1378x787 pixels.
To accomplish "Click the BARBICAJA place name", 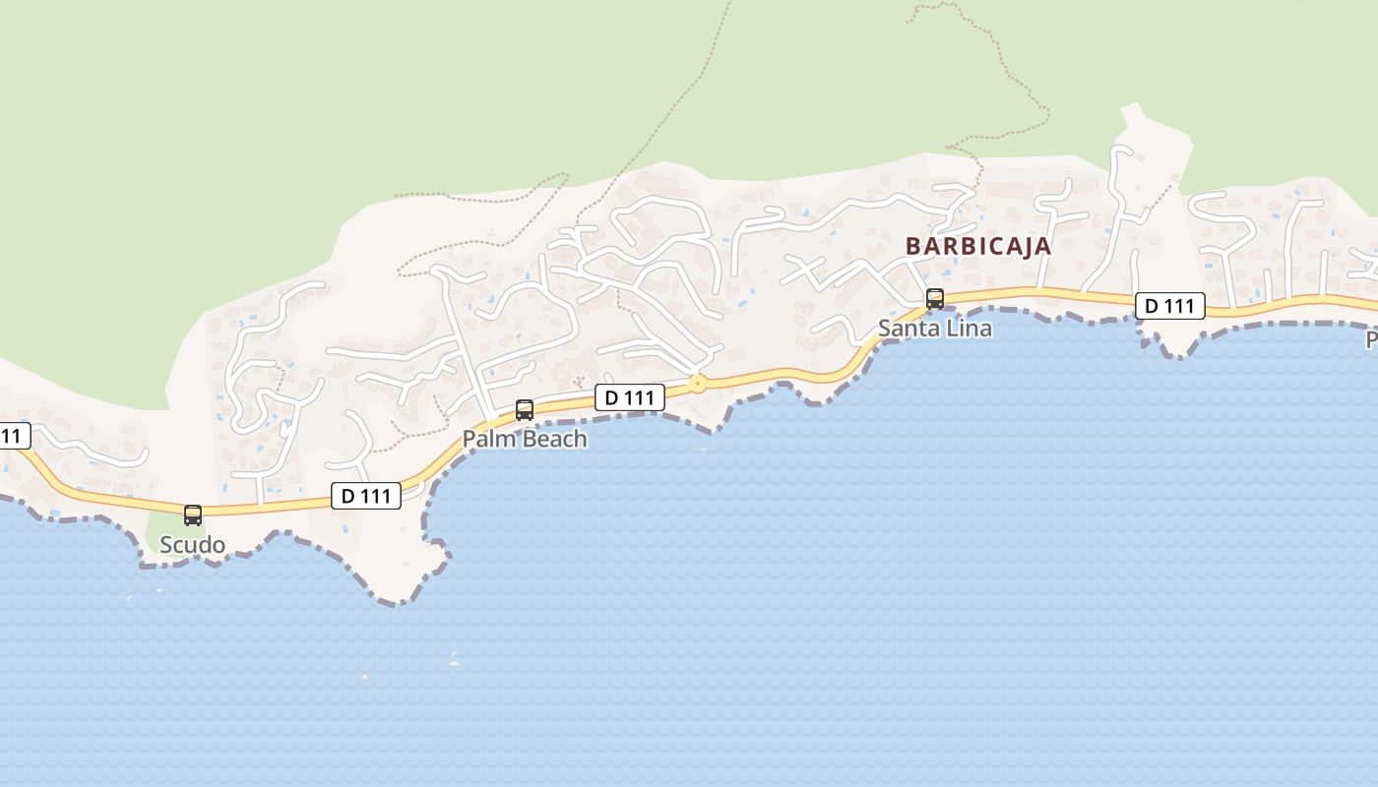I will tap(978, 246).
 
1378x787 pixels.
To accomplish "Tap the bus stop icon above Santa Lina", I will tap(935, 298).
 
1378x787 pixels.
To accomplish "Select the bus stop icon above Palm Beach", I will tap(525, 409).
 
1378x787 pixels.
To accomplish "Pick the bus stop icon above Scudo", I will tap(193, 515).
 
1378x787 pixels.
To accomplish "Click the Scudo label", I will tap(193, 545).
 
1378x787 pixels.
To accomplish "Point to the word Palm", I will tap(486, 439).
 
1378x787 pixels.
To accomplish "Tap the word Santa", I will tap(906, 329).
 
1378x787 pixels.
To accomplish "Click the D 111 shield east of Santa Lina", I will tap(1169, 306).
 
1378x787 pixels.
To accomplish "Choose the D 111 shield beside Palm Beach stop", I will tap(629, 397).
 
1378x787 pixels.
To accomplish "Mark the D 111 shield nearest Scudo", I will tap(366, 496).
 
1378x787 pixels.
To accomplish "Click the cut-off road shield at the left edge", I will tap(13, 436).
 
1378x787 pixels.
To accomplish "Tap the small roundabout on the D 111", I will tap(698, 384).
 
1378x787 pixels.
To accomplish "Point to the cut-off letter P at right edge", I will tap(1371, 340).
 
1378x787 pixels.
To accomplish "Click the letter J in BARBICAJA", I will tap(1024, 246).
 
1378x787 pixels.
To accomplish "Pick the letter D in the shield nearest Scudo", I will tap(346, 496).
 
